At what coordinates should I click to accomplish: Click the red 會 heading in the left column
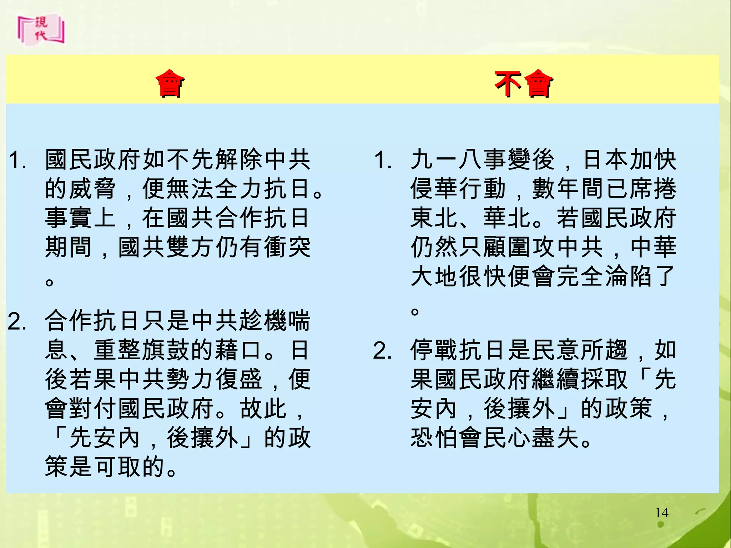[x=171, y=84]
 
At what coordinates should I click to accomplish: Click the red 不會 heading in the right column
[x=523, y=84]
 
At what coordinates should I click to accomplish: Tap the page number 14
[x=662, y=513]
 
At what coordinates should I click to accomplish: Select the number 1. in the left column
[x=17, y=159]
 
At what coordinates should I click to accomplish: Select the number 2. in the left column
[x=17, y=321]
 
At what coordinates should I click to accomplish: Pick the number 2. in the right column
[x=383, y=350]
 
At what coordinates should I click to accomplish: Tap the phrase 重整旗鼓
[x=142, y=350]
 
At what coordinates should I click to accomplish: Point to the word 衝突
[x=288, y=247]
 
